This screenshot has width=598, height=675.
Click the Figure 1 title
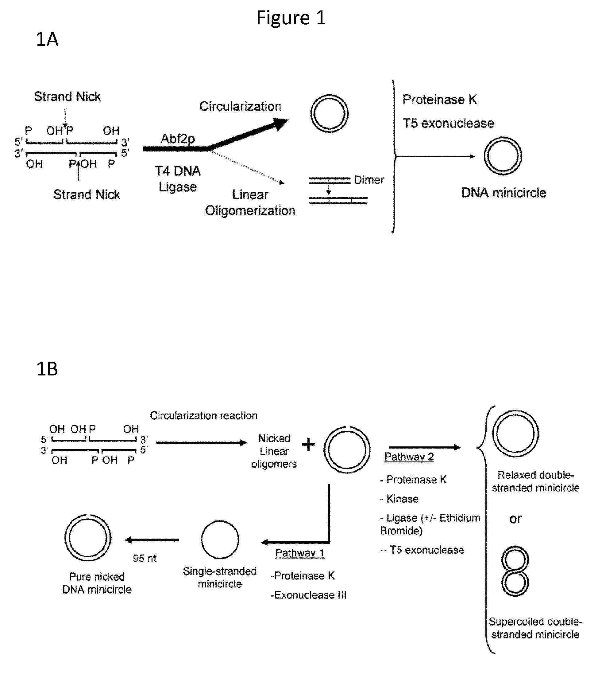click(291, 18)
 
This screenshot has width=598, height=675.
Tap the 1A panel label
click(47, 39)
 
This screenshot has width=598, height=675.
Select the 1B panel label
click(47, 369)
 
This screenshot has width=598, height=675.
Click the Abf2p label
click(177, 139)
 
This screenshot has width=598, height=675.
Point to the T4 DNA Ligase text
click(178, 179)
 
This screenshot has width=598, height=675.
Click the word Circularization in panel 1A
click(240, 106)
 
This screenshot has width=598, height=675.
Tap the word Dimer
click(369, 180)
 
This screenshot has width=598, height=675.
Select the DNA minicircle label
click(504, 193)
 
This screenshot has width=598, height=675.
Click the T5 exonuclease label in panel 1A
click(448, 123)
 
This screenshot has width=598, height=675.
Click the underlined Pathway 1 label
click(299, 553)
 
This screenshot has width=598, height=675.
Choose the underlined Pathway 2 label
click(409, 457)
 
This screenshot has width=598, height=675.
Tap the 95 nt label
click(145, 559)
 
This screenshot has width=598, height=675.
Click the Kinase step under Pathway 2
click(399, 499)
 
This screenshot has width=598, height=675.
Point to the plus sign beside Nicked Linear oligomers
click(308, 444)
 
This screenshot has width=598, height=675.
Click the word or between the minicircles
click(515, 519)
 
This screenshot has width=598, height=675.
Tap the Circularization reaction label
click(203, 415)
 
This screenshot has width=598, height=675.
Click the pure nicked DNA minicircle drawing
click(66, 538)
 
